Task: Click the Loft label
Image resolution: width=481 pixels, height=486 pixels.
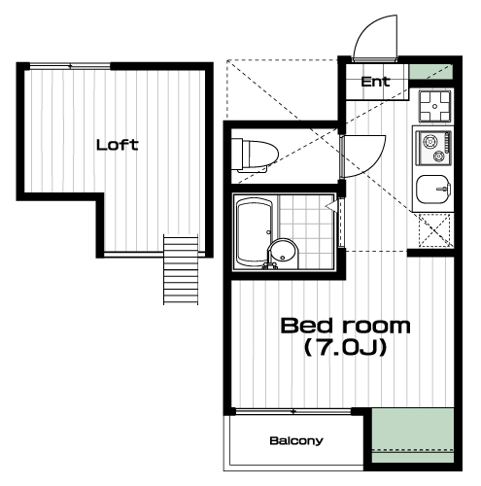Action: [118, 145]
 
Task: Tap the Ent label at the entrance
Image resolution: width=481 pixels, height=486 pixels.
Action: [375, 82]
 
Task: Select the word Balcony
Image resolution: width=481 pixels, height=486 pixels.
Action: [296, 441]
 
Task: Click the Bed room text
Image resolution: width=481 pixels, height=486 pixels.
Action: [345, 326]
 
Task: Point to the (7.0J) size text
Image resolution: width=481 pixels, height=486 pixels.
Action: [345, 348]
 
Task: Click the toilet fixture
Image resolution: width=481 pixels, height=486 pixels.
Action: [255, 155]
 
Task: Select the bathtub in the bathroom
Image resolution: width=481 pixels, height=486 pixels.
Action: [255, 232]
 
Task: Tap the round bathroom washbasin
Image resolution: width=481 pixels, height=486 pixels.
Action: [283, 254]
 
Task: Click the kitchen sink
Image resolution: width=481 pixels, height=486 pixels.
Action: [433, 190]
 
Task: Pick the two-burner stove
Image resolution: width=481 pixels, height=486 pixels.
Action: [433, 148]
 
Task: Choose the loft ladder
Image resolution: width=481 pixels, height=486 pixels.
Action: [181, 270]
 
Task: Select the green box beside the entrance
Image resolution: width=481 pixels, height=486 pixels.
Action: [430, 72]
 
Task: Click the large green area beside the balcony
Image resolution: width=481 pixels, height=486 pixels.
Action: [413, 435]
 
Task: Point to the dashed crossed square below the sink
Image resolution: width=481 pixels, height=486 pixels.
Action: [434, 229]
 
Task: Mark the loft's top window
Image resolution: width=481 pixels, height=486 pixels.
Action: [70, 66]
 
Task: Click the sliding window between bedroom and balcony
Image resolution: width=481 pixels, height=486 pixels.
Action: [293, 412]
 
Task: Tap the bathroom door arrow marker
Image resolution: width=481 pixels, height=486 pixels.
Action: [331, 205]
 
